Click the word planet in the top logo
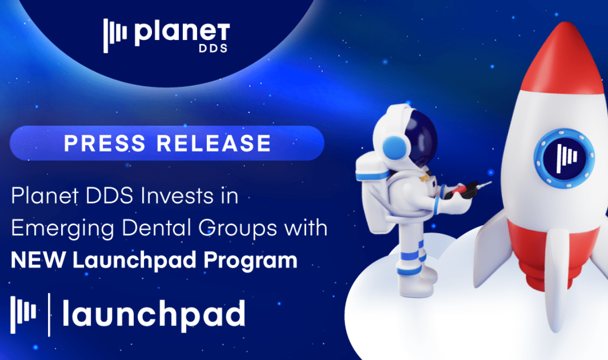click(182, 33)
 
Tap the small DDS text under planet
click(213, 48)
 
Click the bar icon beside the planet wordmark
click(115, 35)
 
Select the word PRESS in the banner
click(105, 143)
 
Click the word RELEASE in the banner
click(214, 143)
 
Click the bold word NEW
click(38, 260)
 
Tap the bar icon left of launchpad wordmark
click(23, 315)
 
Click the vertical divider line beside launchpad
click(49, 315)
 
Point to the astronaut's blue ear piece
click(394, 147)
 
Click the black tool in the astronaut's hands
click(462, 191)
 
